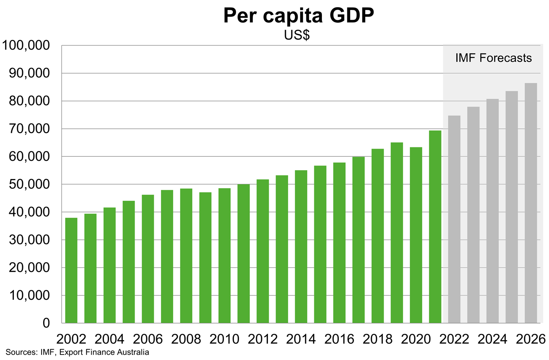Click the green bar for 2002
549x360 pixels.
point(71,270)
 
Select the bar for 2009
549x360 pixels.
point(205,257)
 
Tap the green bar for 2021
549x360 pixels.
point(435,227)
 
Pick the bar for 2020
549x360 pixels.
point(416,235)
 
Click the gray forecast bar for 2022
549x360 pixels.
point(454,219)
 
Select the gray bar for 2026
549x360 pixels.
point(531,203)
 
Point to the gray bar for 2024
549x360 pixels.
point(493,211)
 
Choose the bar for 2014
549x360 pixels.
point(301,246)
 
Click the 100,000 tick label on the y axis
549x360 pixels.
point(27,46)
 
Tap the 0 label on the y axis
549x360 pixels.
point(46,323)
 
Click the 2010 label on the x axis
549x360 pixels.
point(224,339)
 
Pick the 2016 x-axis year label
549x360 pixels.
point(339,339)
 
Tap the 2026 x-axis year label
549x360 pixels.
point(531,339)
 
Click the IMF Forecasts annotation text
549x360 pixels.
point(493,58)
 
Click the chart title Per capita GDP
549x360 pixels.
point(298,16)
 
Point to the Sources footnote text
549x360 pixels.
point(77,352)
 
